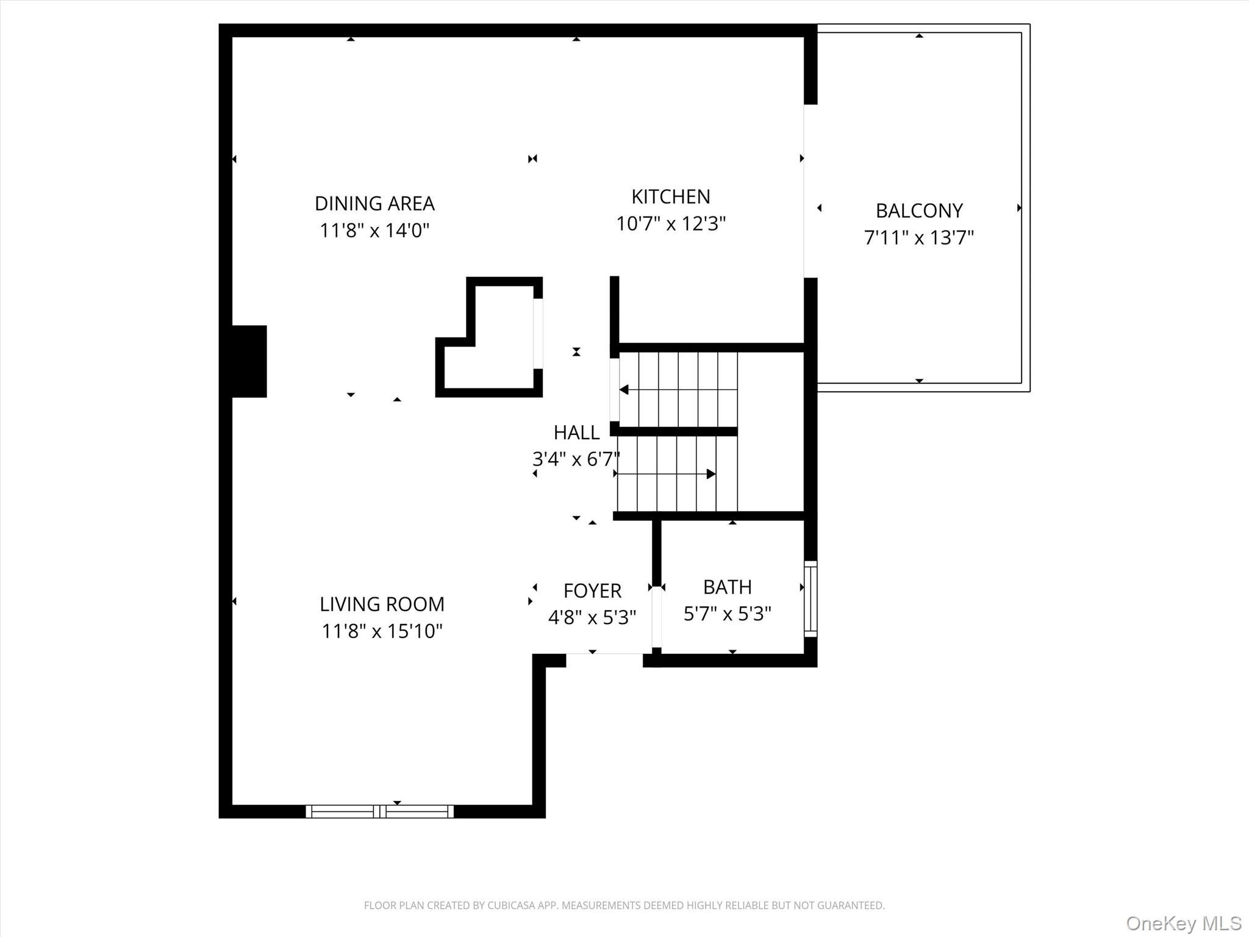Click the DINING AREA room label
[x=374, y=203]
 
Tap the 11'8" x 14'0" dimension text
[x=374, y=231]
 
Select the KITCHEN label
[x=670, y=196]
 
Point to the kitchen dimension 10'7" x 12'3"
[x=670, y=224]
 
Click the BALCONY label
[x=919, y=210]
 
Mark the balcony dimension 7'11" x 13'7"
[x=919, y=237]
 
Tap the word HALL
[x=576, y=433]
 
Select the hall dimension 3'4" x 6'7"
[x=576, y=459]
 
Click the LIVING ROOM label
[x=382, y=604]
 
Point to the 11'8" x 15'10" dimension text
[x=382, y=631]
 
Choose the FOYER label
[x=592, y=591]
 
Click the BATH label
[x=727, y=587]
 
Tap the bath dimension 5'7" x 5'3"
[x=727, y=614]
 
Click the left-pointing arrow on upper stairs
[x=624, y=389]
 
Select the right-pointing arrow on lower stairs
[x=710, y=474]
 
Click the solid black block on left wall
[x=249, y=361]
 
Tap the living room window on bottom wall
[x=379, y=811]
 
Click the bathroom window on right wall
[x=810, y=598]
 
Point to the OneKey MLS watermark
[x=1183, y=923]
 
